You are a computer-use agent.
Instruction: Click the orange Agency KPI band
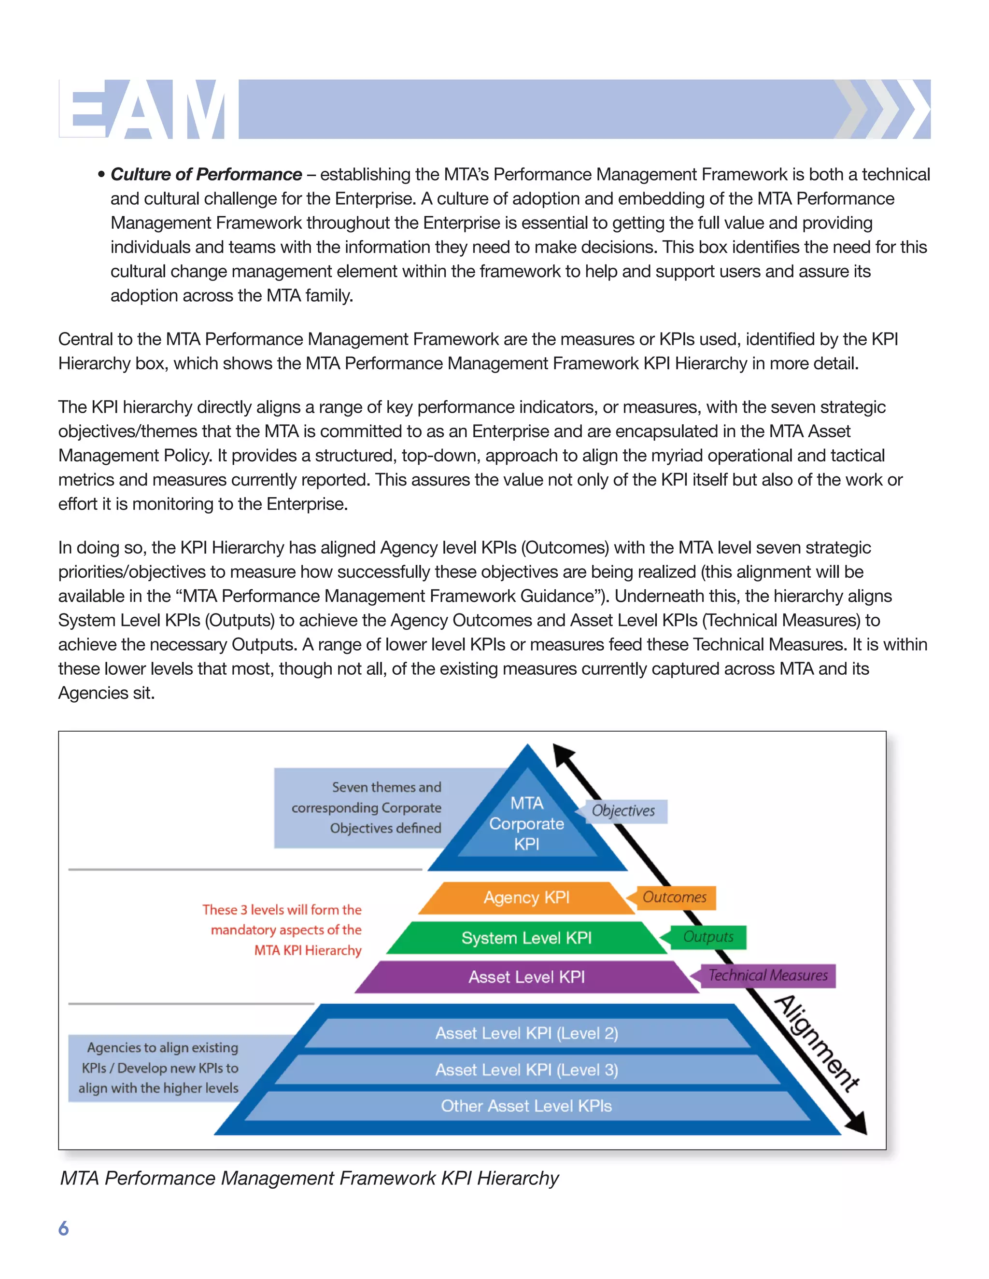[526, 898]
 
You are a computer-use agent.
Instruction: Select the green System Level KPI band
[526, 938]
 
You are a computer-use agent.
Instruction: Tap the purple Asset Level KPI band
[526, 977]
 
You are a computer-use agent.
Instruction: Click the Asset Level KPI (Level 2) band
[526, 1033]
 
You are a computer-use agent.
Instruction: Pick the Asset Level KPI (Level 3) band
[526, 1070]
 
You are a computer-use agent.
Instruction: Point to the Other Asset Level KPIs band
[526, 1106]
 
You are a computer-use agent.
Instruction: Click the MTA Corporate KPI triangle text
[527, 823]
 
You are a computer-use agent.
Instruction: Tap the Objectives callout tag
[623, 811]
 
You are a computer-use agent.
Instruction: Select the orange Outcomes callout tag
[674, 897]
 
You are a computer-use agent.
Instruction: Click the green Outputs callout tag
[708, 937]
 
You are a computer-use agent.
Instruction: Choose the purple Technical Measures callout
[767, 975]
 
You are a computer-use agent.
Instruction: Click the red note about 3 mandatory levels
[283, 930]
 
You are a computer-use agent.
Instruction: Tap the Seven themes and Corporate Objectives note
[367, 807]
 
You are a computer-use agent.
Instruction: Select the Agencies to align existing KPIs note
[159, 1068]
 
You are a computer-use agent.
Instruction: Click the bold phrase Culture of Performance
[206, 175]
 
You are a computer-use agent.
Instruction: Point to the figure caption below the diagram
[310, 1178]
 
